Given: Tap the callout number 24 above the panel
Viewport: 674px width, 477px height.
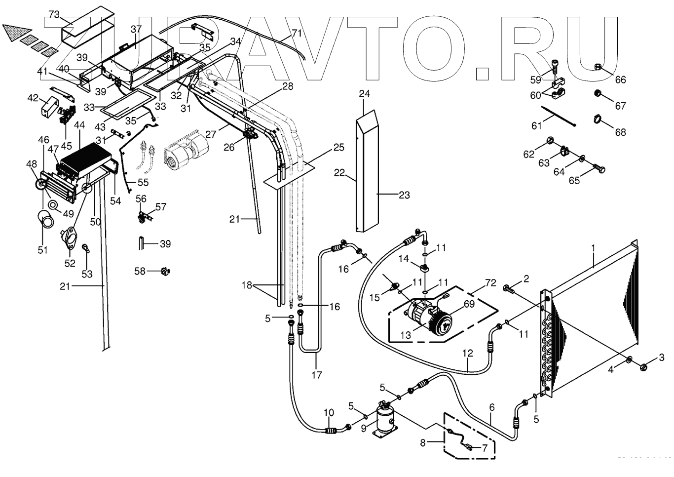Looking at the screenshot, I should [364, 94].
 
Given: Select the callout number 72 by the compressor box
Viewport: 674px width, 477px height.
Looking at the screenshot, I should [490, 283].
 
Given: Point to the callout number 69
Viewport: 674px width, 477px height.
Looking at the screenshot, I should [469, 304].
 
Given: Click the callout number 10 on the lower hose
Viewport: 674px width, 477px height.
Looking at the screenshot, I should [329, 413].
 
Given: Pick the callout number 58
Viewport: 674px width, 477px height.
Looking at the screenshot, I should [140, 271].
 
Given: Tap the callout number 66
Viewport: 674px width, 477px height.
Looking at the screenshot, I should [620, 79].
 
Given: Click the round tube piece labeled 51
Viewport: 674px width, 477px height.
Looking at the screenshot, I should [46, 219].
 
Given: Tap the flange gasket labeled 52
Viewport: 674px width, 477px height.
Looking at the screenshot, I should [72, 238].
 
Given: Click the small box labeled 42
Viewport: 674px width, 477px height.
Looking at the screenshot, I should [49, 106].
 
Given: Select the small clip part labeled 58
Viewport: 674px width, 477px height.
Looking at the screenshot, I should [165, 271].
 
